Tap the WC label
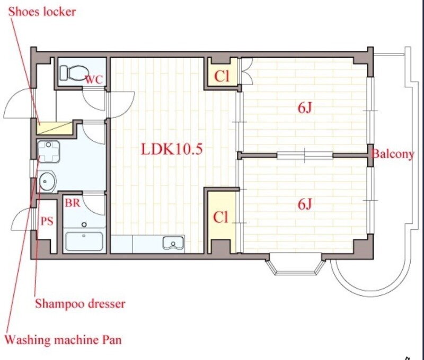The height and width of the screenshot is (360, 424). (94, 79)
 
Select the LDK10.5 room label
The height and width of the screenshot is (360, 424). (172, 149)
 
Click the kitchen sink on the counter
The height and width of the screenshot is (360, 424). (173, 242)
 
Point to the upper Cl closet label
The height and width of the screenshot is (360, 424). (222, 76)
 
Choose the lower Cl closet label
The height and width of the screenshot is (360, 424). (220, 217)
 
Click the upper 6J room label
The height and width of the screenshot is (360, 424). (305, 108)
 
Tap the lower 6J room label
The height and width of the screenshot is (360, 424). (305, 204)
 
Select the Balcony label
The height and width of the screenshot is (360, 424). (393, 154)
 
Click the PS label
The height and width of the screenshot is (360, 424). (47, 221)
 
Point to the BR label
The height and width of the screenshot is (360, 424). (73, 203)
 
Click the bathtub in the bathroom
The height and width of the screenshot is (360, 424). (84, 241)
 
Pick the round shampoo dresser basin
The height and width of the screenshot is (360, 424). (47, 181)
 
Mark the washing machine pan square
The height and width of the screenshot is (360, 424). (48, 151)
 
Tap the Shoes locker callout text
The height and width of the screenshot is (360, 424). (42, 12)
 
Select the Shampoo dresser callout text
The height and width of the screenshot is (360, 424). (81, 304)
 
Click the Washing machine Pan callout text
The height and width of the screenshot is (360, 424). (64, 340)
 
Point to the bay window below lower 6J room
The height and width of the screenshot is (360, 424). (295, 264)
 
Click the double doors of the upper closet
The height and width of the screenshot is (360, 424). (247, 71)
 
